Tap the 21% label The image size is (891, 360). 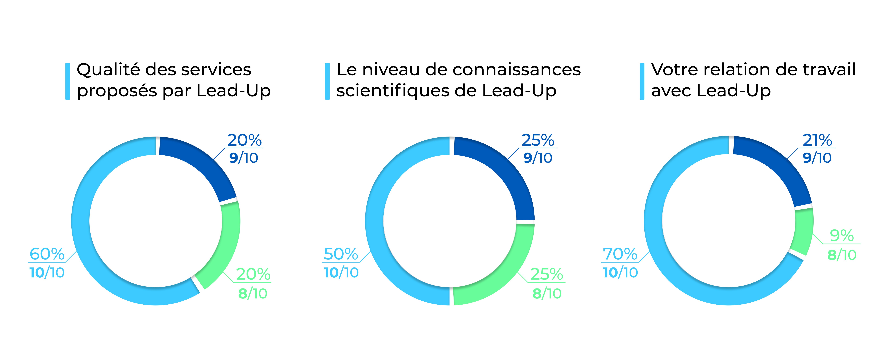pyautogui.click(x=817, y=140)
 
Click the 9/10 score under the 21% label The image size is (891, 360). pyautogui.click(x=817, y=158)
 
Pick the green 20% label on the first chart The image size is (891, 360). pyautogui.click(x=253, y=274)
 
